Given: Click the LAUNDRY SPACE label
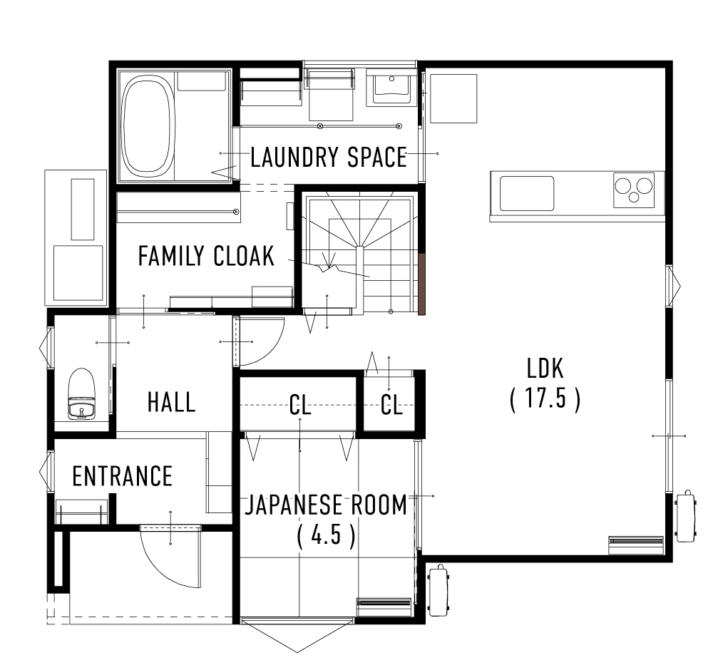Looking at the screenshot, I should [x=328, y=157].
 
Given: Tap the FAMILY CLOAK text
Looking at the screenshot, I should [x=206, y=256].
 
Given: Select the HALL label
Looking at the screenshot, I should [x=171, y=401].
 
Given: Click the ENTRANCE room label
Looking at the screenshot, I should [x=123, y=475].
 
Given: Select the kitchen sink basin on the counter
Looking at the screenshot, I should [x=527, y=193].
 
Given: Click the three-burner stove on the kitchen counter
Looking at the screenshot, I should [x=633, y=190].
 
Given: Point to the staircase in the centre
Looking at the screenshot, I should [x=360, y=253].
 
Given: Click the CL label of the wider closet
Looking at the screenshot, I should [x=300, y=405].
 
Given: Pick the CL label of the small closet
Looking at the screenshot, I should [x=391, y=405].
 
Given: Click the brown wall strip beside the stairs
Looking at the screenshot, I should [x=421, y=284].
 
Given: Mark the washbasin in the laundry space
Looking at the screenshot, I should [x=389, y=88].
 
